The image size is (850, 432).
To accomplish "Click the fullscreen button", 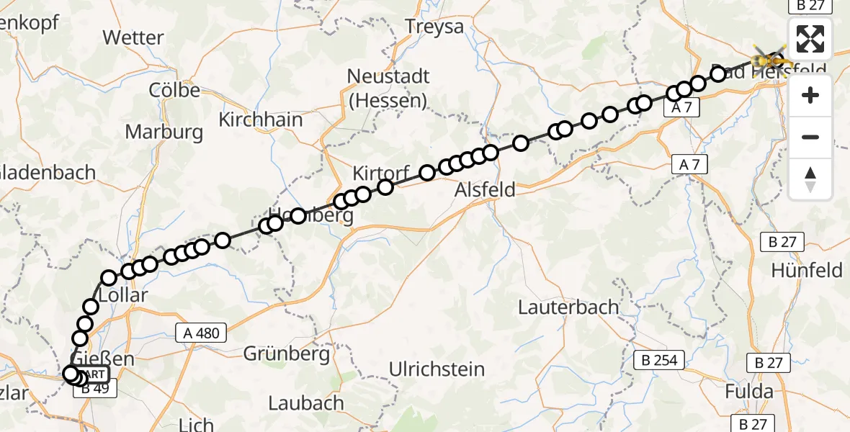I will (x=810, y=39).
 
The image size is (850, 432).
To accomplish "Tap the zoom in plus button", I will (x=810, y=95).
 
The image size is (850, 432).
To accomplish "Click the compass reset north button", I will (x=810, y=179).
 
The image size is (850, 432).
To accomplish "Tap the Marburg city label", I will (x=164, y=132).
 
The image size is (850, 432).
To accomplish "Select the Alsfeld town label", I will (x=485, y=190).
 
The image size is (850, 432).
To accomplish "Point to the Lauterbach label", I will (x=568, y=307).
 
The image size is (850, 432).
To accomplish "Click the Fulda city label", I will (x=749, y=392).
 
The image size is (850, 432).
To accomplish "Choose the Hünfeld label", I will (x=807, y=271).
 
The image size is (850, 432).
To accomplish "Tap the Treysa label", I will (x=434, y=27).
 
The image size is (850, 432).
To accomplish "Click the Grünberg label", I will (x=286, y=354).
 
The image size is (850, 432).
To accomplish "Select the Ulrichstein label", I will (x=437, y=369).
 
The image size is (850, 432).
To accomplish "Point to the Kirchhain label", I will (x=261, y=120).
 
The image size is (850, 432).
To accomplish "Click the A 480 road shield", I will (x=201, y=333).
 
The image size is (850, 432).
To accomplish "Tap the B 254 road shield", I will (x=659, y=360).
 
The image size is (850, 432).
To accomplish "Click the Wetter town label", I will (x=133, y=37).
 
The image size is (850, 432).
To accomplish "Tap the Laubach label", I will (x=306, y=403).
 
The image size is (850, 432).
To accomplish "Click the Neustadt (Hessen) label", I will (x=388, y=88).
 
